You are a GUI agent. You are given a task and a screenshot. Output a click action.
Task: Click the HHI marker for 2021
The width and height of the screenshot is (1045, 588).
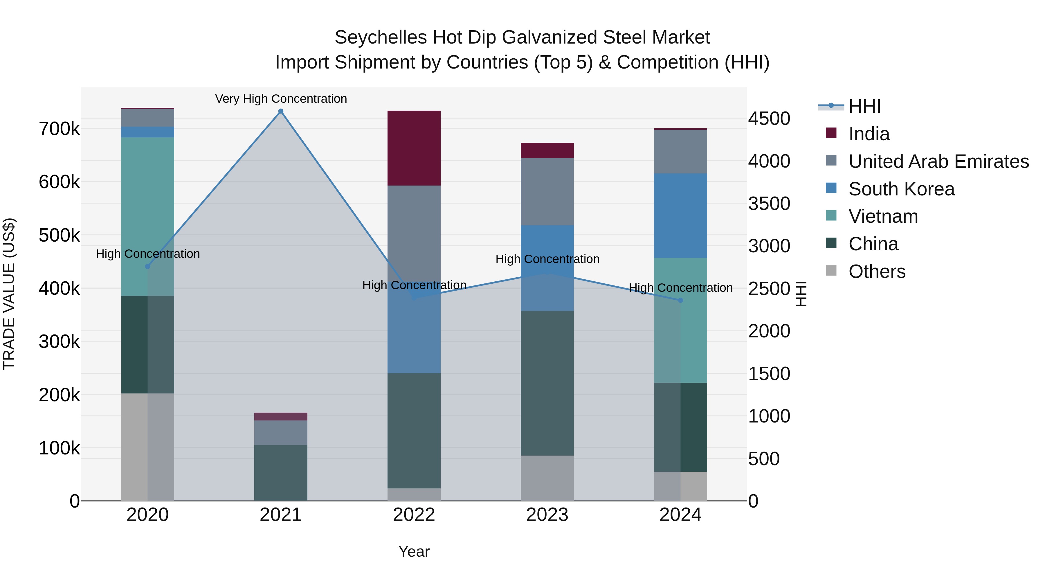(281, 111)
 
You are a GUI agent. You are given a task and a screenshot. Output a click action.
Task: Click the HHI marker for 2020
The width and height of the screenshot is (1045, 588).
(148, 267)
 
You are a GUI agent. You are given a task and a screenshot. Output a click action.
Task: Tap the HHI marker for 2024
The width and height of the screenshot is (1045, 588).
(680, 300)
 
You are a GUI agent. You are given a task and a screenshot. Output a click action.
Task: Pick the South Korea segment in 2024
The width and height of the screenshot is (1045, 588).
(680, 215)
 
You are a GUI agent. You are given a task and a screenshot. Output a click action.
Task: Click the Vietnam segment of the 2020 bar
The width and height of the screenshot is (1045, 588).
(148, 216)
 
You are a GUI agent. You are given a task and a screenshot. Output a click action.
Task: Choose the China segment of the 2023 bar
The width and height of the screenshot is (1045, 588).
(547, 383)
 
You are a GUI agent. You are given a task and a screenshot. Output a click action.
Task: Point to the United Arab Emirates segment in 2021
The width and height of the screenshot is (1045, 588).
(281, 433)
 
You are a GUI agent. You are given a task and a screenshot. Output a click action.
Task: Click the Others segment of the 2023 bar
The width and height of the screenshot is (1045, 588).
(547, 478)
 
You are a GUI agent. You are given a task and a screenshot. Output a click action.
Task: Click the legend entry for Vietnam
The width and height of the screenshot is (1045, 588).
(883, 216)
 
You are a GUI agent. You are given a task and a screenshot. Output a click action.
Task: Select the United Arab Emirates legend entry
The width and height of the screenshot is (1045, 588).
(938, 161)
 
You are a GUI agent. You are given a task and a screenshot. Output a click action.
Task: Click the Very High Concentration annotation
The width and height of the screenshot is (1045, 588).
(281, 99)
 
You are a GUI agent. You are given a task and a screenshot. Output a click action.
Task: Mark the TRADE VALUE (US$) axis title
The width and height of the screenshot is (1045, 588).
(9, 294)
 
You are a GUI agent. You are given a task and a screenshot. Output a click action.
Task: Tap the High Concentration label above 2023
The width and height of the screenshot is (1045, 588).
(547, 259)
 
